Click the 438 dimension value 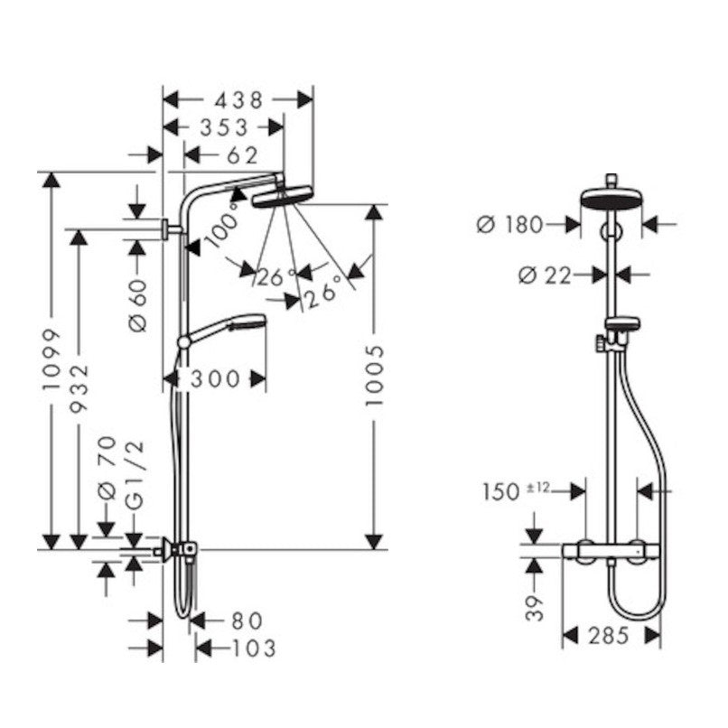coord(238,100)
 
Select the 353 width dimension coord(224,127)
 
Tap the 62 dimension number coord(242,155)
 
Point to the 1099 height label coord(51,359)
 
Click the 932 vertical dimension coord(79,388)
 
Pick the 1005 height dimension coord(374,375)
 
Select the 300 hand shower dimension coord(215,379)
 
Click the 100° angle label coord(223,224)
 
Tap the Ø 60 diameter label coord(138,305)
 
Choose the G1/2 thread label coord(135,475)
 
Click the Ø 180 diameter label coord(509,225)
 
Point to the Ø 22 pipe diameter coord(544,275)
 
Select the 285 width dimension coord(608,636)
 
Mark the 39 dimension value coord(535,608)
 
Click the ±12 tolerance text coord(537,487)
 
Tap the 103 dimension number coord(254,649)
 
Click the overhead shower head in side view coord(282,196)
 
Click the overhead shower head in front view coord(611,198)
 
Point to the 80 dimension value coord(247,621)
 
